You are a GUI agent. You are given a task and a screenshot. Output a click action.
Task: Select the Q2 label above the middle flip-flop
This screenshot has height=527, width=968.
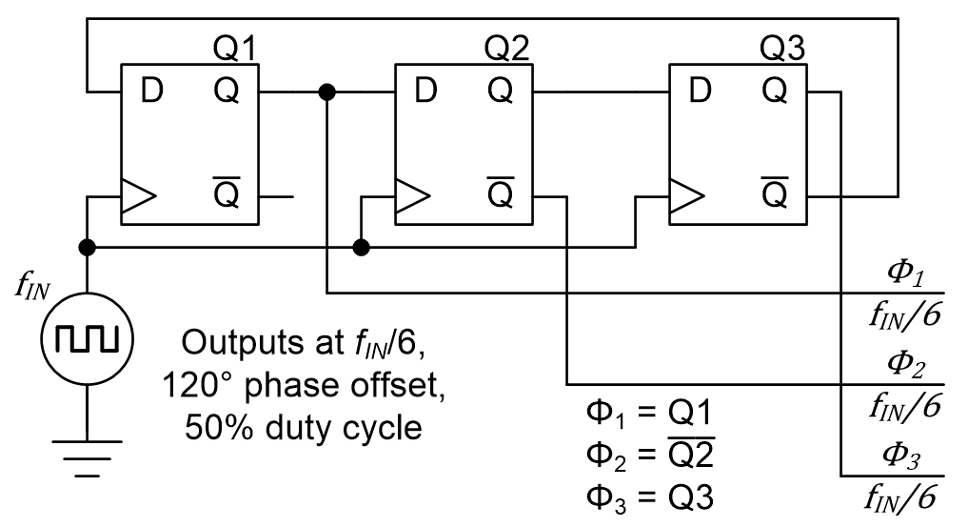[x=508, y=49]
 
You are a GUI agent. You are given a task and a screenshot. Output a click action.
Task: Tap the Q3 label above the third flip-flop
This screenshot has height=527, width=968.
[x=782, y=49]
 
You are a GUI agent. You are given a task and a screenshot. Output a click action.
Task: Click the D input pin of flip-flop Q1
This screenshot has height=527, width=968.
[x=151, y=91]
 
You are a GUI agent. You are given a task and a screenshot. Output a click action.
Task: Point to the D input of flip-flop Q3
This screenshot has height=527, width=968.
[x=700, y=91]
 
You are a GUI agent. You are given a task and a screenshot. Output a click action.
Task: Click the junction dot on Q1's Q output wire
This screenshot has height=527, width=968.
[x=327, y=92]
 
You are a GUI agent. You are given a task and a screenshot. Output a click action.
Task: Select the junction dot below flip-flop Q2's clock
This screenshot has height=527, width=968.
[x=361, y=248]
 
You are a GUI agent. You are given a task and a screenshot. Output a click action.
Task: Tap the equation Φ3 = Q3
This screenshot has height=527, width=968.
[x=648, y=498]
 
